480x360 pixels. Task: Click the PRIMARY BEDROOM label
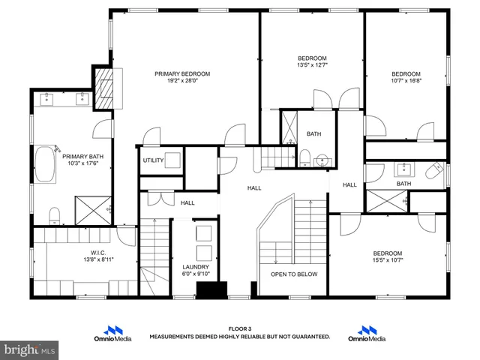click(182, 73)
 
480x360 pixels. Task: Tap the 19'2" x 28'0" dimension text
click(182, 82)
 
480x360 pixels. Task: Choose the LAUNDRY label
click(196, 267)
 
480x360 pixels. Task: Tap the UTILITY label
click(153, 160)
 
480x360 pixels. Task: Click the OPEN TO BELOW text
click(294, 274)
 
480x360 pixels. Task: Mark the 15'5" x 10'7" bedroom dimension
click(388, 261)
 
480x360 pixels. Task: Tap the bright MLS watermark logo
click(29, 349)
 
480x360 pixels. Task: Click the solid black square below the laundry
click(211, 290)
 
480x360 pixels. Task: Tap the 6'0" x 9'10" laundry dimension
click(196, 274)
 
